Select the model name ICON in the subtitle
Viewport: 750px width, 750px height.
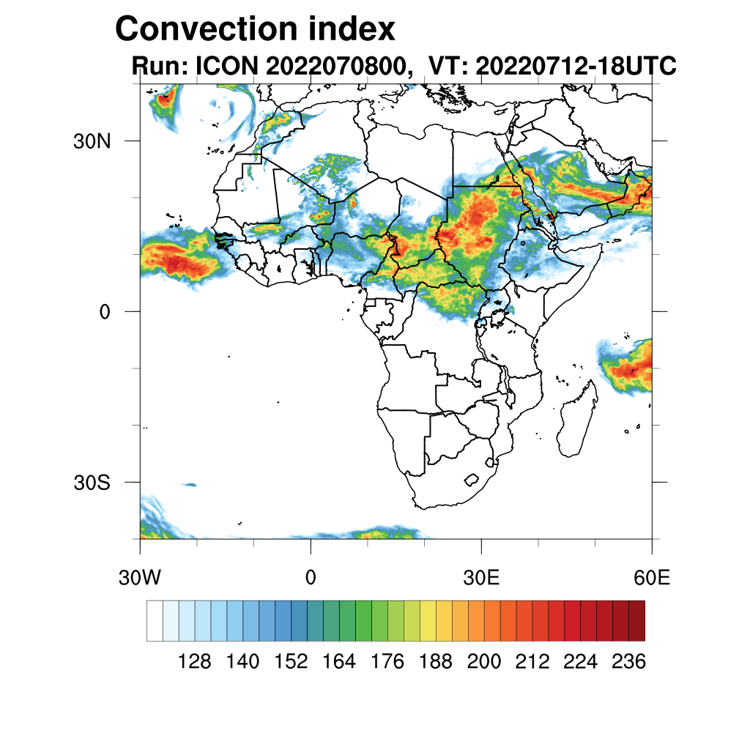(223, 67)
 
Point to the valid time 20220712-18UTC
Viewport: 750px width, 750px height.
(576, 67)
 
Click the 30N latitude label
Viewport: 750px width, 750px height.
(92, 141)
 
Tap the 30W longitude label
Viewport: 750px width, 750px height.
(139, 578)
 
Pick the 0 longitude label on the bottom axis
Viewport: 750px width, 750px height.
(311, 578)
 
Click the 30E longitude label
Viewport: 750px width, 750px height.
(481, 578)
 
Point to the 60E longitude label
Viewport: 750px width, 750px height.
(652, 578)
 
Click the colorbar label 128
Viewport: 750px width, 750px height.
(195, 662)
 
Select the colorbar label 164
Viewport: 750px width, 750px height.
(339, 662)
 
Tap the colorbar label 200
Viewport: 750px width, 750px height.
(484, 662)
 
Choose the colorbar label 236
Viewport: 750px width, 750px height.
(628, 662)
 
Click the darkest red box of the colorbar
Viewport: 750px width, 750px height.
(636, 620)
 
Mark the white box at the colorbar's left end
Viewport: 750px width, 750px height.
(155, 620)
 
